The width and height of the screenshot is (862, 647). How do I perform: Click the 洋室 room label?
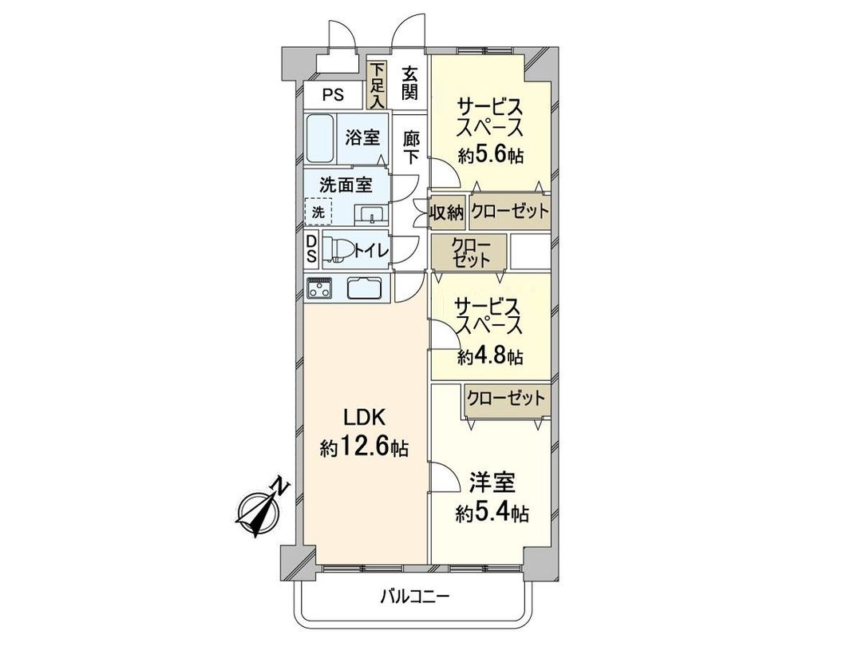[x=492, y=482]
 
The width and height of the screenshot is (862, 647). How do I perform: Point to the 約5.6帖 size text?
[x=491, y=155]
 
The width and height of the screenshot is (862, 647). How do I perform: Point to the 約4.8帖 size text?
[x=491, y=356]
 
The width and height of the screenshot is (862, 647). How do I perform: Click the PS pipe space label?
[x=333, y=95]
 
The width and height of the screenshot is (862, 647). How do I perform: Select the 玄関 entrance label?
[x=409, y=82]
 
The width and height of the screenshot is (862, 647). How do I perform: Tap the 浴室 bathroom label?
[x=362, y=137]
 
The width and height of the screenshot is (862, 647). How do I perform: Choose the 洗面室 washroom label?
[x=346, y=185]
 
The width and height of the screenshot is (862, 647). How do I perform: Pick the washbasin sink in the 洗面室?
[x=370, y=215]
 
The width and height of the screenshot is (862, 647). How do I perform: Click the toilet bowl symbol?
[x=338, y=250]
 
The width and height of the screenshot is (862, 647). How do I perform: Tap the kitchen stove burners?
[x=322, y=288]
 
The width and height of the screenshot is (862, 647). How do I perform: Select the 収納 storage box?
[x=449, y=212]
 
